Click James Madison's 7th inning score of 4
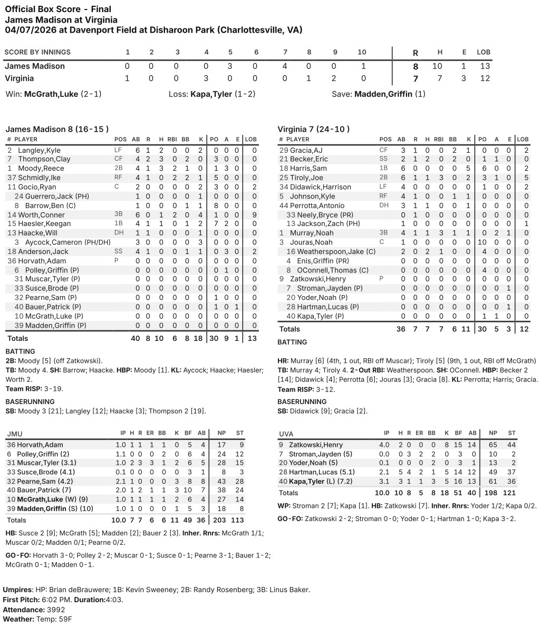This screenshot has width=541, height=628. point(285,66)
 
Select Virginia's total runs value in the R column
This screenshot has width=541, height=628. point(415,78)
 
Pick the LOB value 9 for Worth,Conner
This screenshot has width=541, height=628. point(254,215)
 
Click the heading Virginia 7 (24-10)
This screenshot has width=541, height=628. point(313,129)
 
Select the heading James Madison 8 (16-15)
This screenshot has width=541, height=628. point(57,129)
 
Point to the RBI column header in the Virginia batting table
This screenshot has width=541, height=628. point(439,140)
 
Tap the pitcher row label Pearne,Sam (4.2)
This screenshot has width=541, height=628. point(48,481)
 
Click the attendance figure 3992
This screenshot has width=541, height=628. point(55,610)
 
